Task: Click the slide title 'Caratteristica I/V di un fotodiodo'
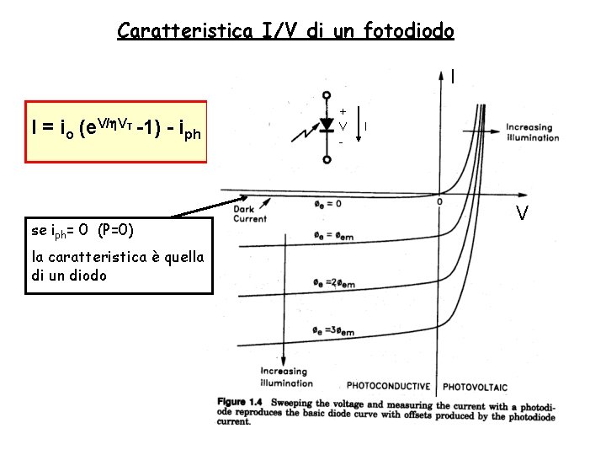pos(285,31)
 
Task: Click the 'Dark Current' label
pos(250,214)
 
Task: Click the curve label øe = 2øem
pos(332,282)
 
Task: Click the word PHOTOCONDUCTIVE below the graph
pos(388,386)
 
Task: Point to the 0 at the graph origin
pos(439,202)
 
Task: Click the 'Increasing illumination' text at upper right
pos(531,132)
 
